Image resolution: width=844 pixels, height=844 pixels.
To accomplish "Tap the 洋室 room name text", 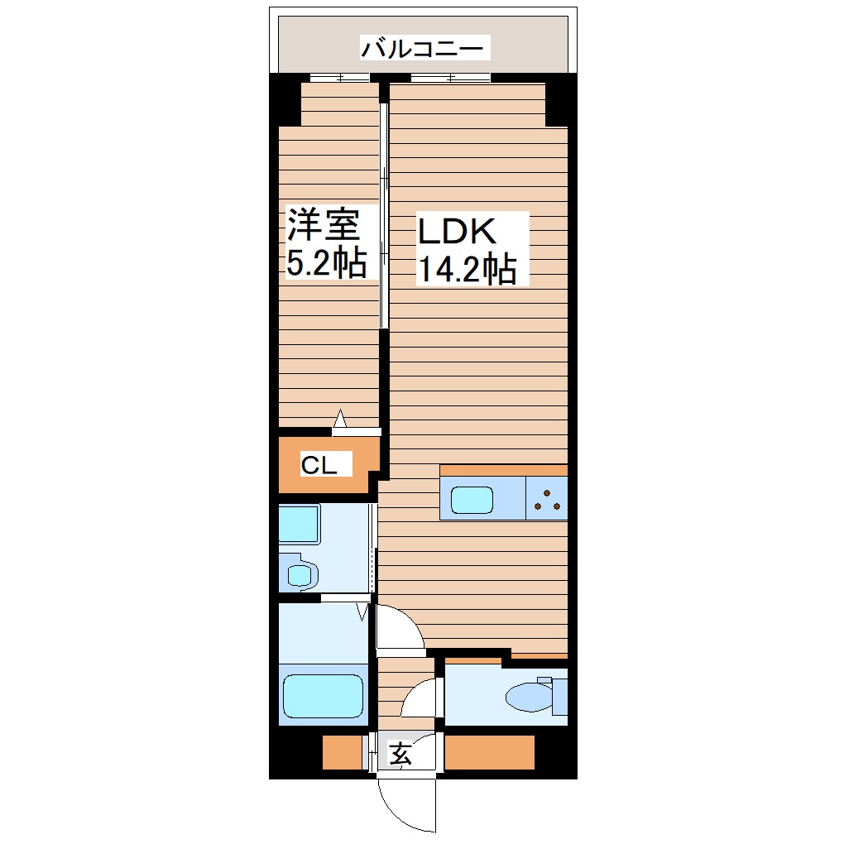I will [323, 225].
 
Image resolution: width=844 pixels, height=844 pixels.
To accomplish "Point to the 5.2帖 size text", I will [326, 263].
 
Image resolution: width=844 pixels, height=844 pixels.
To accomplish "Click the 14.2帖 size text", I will [466, 270].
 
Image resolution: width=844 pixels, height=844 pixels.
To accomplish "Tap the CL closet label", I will [319, 465].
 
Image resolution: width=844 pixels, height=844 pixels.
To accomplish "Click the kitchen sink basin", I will [472, 500].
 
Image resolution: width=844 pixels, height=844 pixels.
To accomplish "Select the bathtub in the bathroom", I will [324, 696].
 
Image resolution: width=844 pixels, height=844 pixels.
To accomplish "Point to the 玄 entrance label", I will [401, 754].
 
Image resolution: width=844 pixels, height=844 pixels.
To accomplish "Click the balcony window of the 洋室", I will [340, 79].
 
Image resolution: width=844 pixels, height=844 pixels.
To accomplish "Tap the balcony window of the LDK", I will [451, 79].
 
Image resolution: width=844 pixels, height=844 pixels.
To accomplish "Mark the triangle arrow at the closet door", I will [340, 420].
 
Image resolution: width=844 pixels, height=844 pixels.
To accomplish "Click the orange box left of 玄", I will [343, 752].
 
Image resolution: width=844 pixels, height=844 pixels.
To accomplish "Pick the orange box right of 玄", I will [490, 752].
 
